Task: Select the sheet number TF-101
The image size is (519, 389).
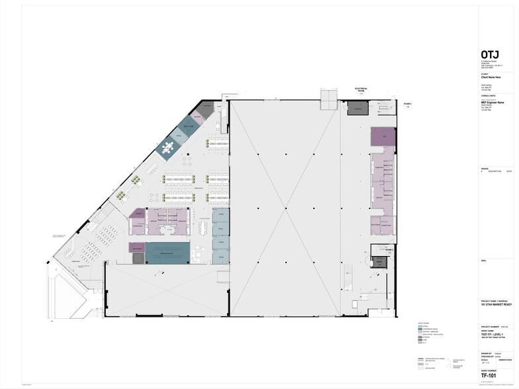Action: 490,374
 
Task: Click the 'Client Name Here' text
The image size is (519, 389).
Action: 493,77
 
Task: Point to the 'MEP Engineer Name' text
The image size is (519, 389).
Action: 495,103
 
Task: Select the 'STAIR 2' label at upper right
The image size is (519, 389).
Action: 408,105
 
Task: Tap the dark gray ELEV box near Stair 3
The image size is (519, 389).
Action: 379,263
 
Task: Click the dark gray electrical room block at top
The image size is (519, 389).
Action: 357,108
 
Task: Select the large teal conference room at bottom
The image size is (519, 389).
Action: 167,251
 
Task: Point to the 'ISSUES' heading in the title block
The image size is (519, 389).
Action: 485,167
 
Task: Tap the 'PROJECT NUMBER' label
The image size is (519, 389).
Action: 490,326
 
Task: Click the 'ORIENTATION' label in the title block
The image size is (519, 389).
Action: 504,360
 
